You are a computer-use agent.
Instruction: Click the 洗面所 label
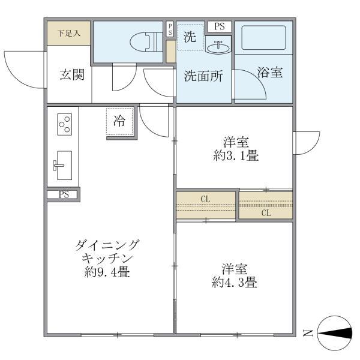(x=203, y=76)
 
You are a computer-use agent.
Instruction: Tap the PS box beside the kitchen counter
(x=64, y=194)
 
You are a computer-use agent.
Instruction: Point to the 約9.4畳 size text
(x=108, y=272)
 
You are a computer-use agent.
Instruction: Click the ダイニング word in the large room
(x=108, y=245)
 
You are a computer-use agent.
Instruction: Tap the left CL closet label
(x=205, y=199)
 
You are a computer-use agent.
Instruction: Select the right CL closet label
(x=265, y=212)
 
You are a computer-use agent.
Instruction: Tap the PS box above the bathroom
(x=220, y=26)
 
